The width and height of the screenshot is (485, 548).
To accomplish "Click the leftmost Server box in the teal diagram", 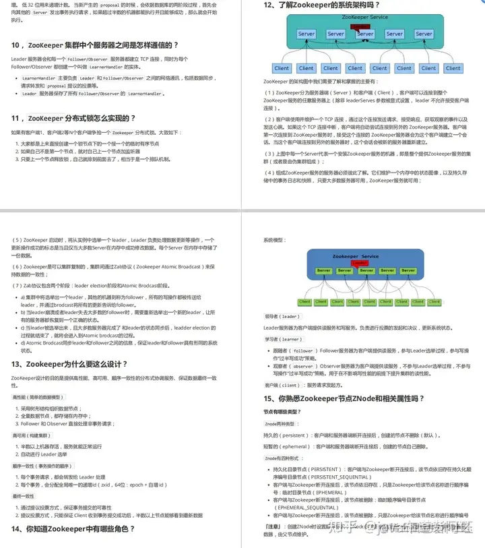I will pyautogui.click(x=306, y=34).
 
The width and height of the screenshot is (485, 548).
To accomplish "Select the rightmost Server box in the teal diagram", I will pyautogui.click(x=424, y=34).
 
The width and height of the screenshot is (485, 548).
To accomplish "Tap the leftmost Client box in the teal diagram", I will pyautogui.click(x=282, y=68).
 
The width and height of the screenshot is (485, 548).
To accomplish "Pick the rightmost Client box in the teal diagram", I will pyautogui.click(x=453, y=68).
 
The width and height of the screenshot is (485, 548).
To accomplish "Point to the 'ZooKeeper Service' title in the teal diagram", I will pyautogui.click(x=365, y=17).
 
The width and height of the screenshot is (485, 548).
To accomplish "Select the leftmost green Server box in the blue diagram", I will pyautogui.click(x=323, y=271).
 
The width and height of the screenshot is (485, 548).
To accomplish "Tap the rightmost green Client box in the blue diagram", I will pyautogui.click(x=455, y=301).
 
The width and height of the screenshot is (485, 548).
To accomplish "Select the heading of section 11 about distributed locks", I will pyautogui.click(x=74, y=118).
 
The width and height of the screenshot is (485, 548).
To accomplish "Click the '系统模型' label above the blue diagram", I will pyautogui.click(x=275, y=240).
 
